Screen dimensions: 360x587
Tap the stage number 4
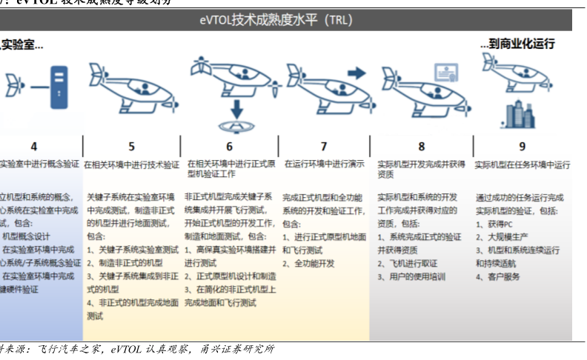[34, 147]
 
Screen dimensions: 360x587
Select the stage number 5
[132, 147]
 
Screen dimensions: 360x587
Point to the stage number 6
[230, 147]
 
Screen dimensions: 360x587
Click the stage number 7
[324, 147]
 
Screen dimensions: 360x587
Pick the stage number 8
[422, 147]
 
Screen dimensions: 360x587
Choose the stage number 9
[523, 147]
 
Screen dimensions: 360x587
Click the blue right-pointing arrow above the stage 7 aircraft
[356, 73]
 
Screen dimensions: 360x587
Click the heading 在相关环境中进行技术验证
[131, 164]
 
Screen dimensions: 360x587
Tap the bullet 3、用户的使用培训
[412, 277]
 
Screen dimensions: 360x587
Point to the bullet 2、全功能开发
[314, 264]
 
